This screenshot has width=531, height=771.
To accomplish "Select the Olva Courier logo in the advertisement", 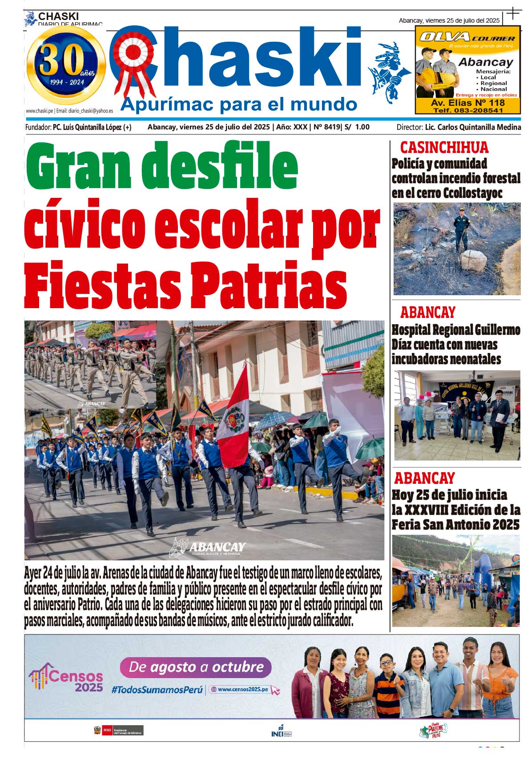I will [467, 37].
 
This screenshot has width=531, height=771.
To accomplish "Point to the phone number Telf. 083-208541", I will [468, 110].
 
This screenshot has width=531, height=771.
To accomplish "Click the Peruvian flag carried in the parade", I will [234, 418].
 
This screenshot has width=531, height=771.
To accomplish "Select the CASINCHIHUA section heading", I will [444, 147].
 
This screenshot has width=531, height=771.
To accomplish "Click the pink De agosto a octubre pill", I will [196, 667].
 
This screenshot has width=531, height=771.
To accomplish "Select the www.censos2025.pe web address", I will [244, 690].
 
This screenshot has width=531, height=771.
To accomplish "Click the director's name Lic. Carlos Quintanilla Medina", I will [473, 127].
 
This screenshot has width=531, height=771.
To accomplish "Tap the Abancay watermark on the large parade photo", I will [209, 547].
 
